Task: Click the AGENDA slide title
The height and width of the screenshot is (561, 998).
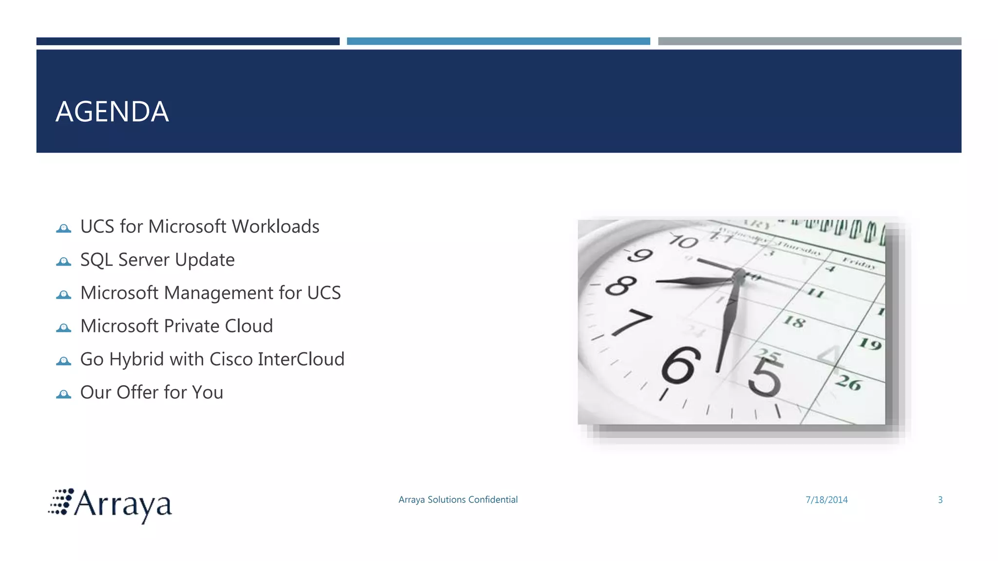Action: [112, 112]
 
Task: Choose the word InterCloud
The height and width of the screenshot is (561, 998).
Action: [301, 359]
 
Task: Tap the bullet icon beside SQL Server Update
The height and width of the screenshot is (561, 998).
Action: [63, 262]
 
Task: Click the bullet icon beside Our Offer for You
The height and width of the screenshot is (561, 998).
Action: [63, 394]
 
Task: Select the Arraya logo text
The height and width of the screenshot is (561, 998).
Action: [123, 505]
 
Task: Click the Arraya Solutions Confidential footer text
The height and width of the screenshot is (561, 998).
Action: [458, 500]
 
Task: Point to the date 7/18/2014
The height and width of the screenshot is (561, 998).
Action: [826, 500]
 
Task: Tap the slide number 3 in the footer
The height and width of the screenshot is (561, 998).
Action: [940, 500]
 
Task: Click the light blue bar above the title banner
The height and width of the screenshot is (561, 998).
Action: [498, 41]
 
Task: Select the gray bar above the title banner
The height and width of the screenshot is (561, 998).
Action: [809, 41]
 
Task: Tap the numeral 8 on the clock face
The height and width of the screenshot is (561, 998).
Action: [621, 286]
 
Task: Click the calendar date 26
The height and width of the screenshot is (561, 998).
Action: [848, 382]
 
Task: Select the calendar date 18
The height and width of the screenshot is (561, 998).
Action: [794, 321]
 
